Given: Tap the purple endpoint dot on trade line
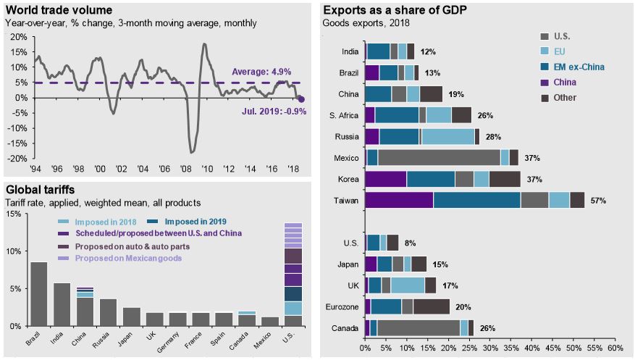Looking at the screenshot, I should tap(302, 100).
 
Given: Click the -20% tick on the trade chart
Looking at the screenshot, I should tap(18, 159).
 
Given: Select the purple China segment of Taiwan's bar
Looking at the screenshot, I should tap(398, 200).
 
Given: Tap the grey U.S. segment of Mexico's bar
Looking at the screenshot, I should tap(439, 157).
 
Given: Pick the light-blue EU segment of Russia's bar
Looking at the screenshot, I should tap(447, 136).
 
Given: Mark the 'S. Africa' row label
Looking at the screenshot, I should tap(341, 114).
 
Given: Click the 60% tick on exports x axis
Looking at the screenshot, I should tap(614, 347).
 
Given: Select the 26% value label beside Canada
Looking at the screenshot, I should tap(487, 327).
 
